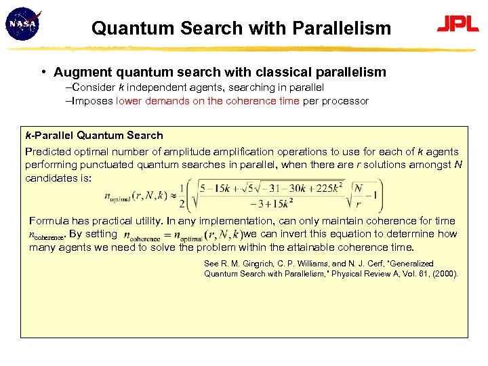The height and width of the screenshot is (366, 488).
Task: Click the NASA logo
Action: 22,25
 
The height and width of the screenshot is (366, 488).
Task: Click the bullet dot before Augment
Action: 43,72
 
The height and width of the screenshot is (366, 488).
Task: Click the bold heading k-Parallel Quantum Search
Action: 94,136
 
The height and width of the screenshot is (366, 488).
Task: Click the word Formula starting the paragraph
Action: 49,221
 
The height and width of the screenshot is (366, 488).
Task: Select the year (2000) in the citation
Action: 445,274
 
